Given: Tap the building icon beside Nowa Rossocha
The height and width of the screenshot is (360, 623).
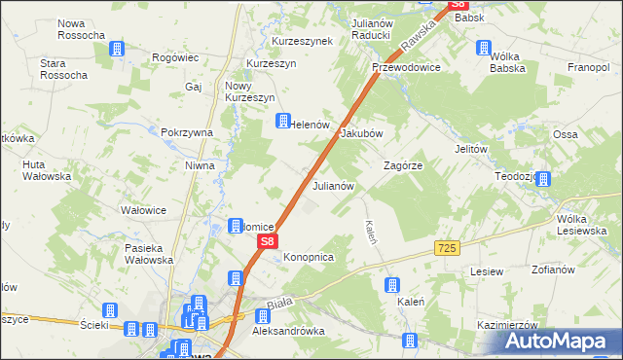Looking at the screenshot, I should [x=117, y=49].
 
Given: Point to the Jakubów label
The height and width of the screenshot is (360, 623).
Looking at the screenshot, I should [x=361, y=134].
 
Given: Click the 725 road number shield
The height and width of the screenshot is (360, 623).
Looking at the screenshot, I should [x=447, y=249].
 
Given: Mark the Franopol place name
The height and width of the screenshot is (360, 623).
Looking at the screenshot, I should [x=589, y=68].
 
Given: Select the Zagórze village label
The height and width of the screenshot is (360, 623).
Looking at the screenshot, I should [x=403, y=166].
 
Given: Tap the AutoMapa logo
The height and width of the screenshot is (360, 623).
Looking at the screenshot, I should [x=559, y=341].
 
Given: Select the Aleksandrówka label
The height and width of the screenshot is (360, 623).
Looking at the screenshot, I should [x=287, y=331].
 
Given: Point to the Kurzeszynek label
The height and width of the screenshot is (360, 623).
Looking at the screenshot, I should [x=303, y=41].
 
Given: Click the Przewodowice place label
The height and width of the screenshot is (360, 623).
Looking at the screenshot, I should [x=407, y=68].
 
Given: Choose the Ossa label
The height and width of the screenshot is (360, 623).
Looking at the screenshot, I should [x=567, y=133].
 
